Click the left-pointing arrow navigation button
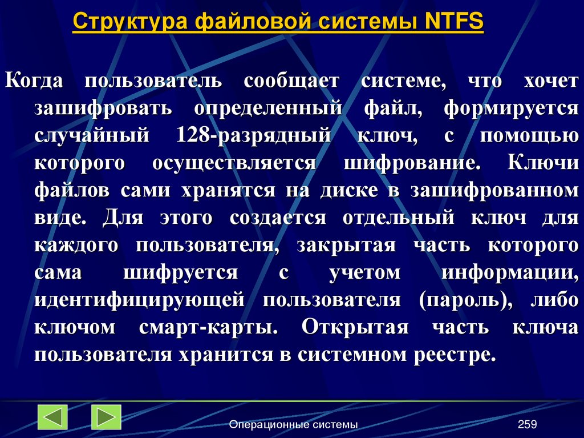click(x=52, y=417)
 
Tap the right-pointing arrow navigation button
click(x=107, y=417)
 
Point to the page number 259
click(x=528, y=424)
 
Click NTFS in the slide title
click(x=454, y=22)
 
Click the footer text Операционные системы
click(x=293, y=424)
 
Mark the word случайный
click(x=91, y=135)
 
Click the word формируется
click(x=511, y=108)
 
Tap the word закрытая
click(x=346, y=245)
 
